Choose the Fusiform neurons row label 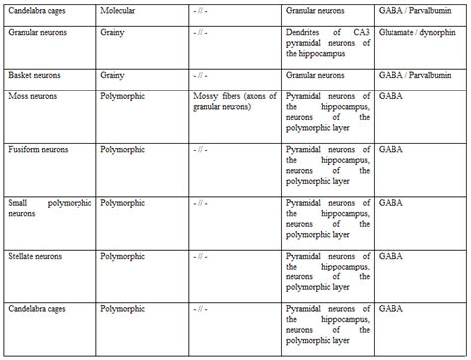click(x=38, y=149)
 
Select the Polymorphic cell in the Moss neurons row click(x=124, y=97)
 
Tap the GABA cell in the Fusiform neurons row click(x=391, y=149)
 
